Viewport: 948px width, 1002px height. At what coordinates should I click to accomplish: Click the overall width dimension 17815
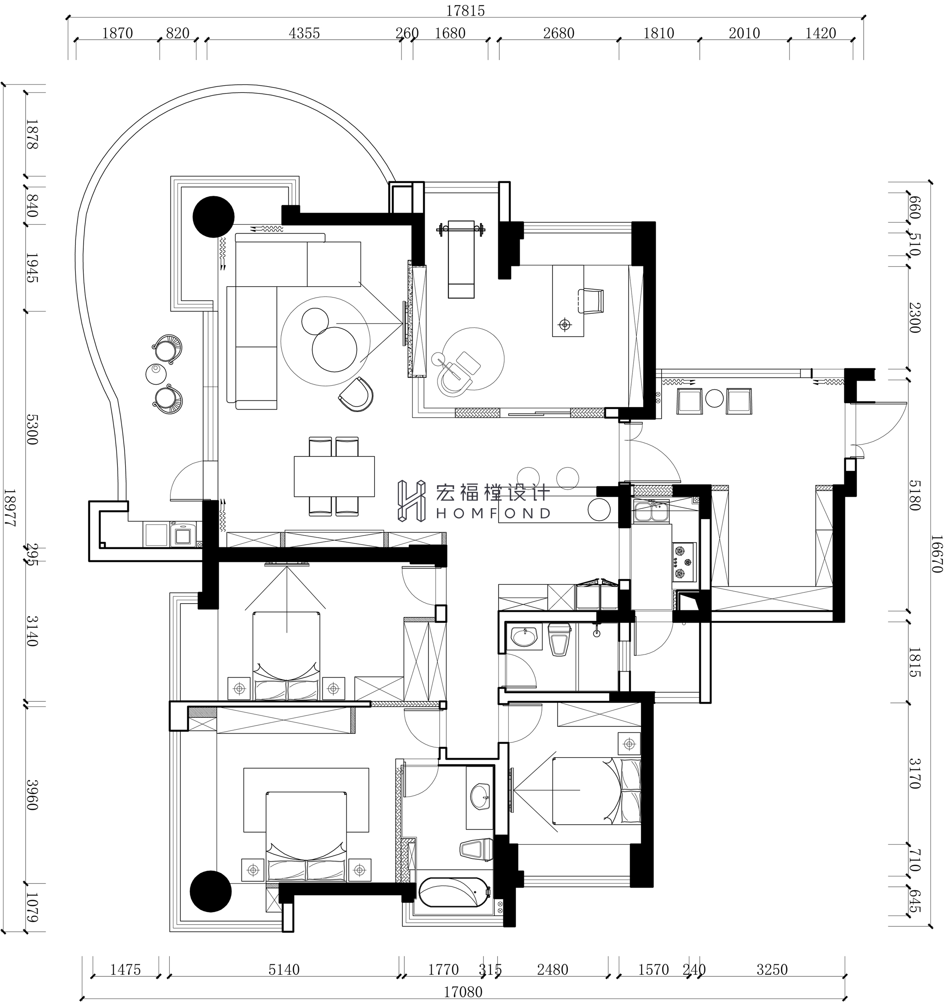[x=466, y=10]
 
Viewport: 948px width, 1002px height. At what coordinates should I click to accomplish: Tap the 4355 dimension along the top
[x=304, y=33]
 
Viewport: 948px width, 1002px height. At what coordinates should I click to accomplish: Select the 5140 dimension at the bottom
[x=284, y=969]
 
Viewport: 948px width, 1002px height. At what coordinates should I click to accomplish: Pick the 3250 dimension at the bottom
[x=772, y=969]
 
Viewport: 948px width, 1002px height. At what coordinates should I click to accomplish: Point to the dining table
[x=334, y=476]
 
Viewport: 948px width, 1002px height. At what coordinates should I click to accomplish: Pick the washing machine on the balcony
[x=182, y=535]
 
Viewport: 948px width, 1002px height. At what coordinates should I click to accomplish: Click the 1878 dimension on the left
[x=31, y=134]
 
